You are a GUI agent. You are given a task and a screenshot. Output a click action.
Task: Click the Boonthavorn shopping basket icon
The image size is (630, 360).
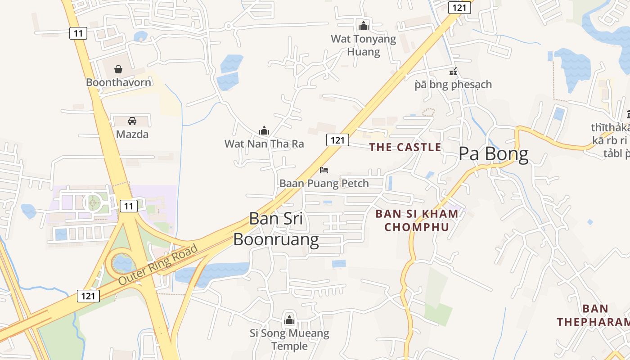(118, 69)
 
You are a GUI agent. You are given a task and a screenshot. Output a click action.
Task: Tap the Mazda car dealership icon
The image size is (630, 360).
(132, 121)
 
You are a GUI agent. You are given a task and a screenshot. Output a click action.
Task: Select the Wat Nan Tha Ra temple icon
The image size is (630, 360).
(264, 131)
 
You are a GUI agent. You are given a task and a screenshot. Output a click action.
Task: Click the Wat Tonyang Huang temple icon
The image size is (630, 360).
(364, 26)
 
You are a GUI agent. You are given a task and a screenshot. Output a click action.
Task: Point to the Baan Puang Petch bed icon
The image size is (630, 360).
(324, 170)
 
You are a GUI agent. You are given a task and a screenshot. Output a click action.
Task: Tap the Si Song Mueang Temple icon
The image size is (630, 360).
(289, 320)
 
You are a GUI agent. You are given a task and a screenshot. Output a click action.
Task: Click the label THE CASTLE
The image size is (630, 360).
(405, 147)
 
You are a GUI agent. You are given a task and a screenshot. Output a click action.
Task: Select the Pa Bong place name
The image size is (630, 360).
(493, 154)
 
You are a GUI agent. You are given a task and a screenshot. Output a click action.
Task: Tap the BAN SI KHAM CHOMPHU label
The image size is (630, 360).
(417, 220)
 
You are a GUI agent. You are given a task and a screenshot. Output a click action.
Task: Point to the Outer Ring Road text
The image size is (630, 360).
(158, 264)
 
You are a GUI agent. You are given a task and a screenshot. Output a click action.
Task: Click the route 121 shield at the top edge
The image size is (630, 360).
(459, 7)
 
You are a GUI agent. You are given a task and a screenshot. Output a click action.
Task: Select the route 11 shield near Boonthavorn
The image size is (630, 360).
(78, 33)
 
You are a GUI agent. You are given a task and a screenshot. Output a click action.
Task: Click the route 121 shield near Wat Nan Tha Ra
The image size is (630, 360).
(337, 140)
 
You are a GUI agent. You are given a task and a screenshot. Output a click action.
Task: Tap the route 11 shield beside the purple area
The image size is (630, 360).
(129, 206)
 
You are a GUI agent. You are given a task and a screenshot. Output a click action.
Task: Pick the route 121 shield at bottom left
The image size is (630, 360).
(88, 296)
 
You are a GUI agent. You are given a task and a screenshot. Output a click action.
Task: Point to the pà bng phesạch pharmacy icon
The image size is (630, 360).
(453, 72)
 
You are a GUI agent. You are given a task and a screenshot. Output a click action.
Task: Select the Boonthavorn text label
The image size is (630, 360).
(118, 82)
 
